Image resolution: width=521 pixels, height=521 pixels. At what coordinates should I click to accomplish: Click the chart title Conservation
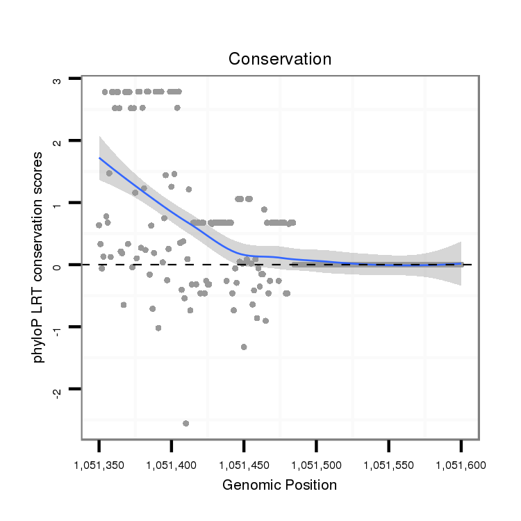(280, 59)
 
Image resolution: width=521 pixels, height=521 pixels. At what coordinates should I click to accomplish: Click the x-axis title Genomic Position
(279, 485)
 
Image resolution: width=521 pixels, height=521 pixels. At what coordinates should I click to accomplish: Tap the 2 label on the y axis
(58, 142)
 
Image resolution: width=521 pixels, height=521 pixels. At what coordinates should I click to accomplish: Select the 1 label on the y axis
(58, 204)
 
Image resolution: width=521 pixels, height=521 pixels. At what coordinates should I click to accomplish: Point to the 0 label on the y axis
(58, 265)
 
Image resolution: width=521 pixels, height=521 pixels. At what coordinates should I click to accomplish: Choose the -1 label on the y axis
(58, 326)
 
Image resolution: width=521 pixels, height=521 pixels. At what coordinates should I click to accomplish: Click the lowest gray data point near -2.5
(185, 423)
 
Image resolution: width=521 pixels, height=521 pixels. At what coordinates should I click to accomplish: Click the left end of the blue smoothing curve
(99, 158)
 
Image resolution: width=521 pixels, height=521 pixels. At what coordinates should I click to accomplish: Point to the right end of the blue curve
(461, 264)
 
